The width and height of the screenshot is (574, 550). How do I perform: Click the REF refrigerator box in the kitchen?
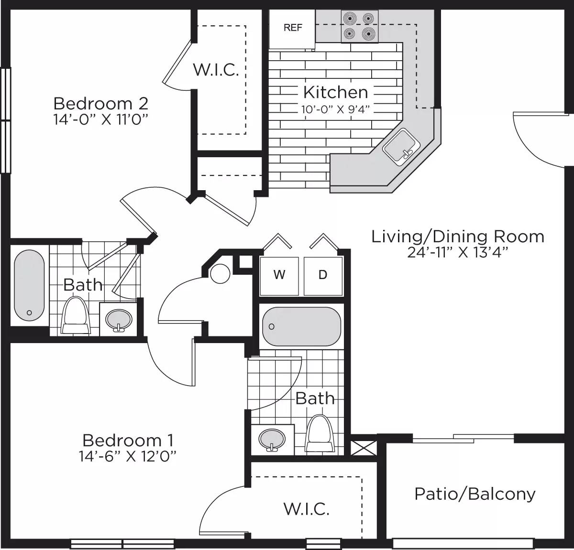pyautogui.click(x=292, y=28)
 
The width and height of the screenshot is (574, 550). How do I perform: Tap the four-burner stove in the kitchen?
pyautogui.click(x=359, y=26)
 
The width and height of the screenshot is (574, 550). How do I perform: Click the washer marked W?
pyautogui.click(x=279, y=275)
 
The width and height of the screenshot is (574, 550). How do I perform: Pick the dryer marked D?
pyautogui.click(x=323, y=275)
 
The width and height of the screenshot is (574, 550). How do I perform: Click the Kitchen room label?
pyautogui.click(x=335, y=92)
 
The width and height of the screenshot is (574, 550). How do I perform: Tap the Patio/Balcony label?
pyautogui.click(x=475, y=494)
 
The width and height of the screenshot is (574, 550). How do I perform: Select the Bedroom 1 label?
pyautogui.click(x=128, y=440)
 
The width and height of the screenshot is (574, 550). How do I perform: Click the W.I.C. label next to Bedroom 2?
pyautogui.click(x=216, y=70)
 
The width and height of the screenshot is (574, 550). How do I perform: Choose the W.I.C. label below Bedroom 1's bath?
pyautogui.click(x=306, y=508)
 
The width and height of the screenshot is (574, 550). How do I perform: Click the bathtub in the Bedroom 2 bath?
pyautogui.click(x=29, y=286)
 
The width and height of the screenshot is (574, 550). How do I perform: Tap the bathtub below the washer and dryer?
pyautogui.click(x=301, y=327)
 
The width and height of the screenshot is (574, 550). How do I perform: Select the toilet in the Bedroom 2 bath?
pyautogui.click(x=76, y=315)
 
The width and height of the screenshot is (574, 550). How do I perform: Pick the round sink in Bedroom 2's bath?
pyautogui.click(x=118, y=319)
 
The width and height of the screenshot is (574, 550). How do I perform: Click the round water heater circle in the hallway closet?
pyautogui.click(x=221, y=273)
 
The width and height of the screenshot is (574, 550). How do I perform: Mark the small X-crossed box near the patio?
pyautogui.click(x=364, y=447)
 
